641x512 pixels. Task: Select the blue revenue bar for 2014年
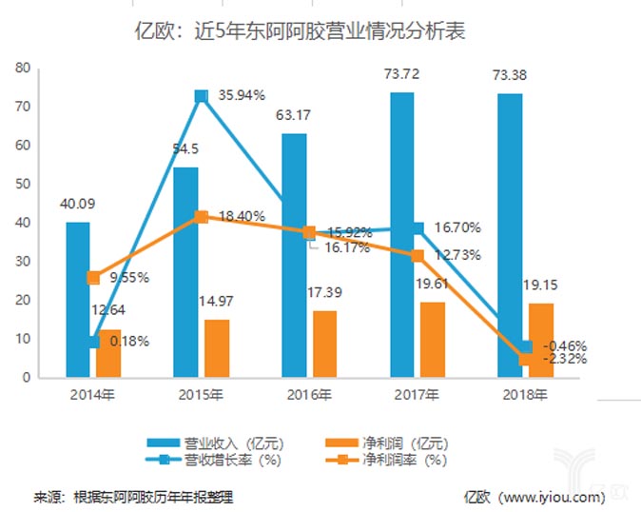[78, 300]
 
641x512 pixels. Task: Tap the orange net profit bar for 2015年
[218, 347]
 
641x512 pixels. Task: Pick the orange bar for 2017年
[433, 340]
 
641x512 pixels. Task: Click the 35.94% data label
[242, 95]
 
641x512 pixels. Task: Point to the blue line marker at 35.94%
[201, 96]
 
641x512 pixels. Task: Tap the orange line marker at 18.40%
[201, 217]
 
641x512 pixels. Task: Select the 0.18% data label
[126, 341]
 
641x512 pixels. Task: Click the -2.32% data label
[563, 359]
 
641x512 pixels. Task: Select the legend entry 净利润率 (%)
[399, 461]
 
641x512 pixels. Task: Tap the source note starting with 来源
[134, 496]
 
